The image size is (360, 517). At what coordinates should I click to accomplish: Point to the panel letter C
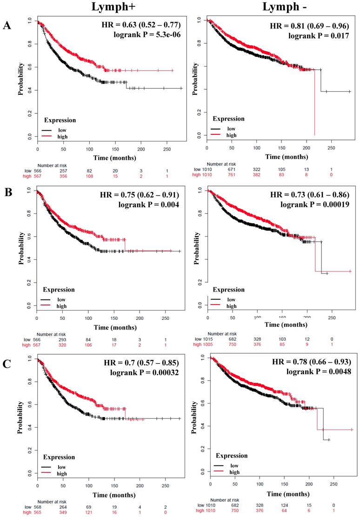pos(7,362)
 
